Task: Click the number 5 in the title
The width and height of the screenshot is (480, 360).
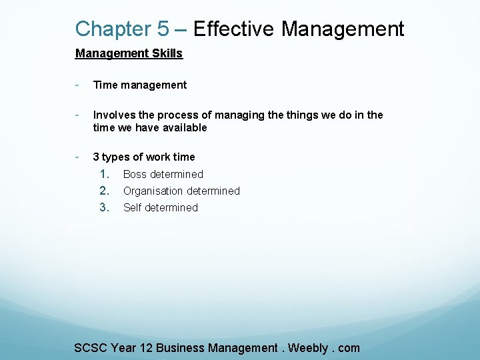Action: click(163, 29)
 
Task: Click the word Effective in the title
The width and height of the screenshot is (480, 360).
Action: click(233, 29)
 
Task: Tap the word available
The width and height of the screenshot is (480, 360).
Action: click(182, 127)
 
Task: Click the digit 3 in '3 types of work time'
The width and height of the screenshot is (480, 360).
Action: click(96, 157)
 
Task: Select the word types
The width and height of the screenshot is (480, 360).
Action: click(116, 157)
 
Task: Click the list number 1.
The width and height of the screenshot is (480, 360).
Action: click(104, 174)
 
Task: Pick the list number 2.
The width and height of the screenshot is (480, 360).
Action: click(104, 191)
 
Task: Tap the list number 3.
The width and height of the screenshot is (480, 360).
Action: click(104, 207)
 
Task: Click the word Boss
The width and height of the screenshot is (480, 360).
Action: click(135, 174)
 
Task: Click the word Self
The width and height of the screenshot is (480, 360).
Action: click(133, 207)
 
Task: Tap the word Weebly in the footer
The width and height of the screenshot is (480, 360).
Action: click(307, 347)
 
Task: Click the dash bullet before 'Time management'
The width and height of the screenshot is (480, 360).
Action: click(77, 85)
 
